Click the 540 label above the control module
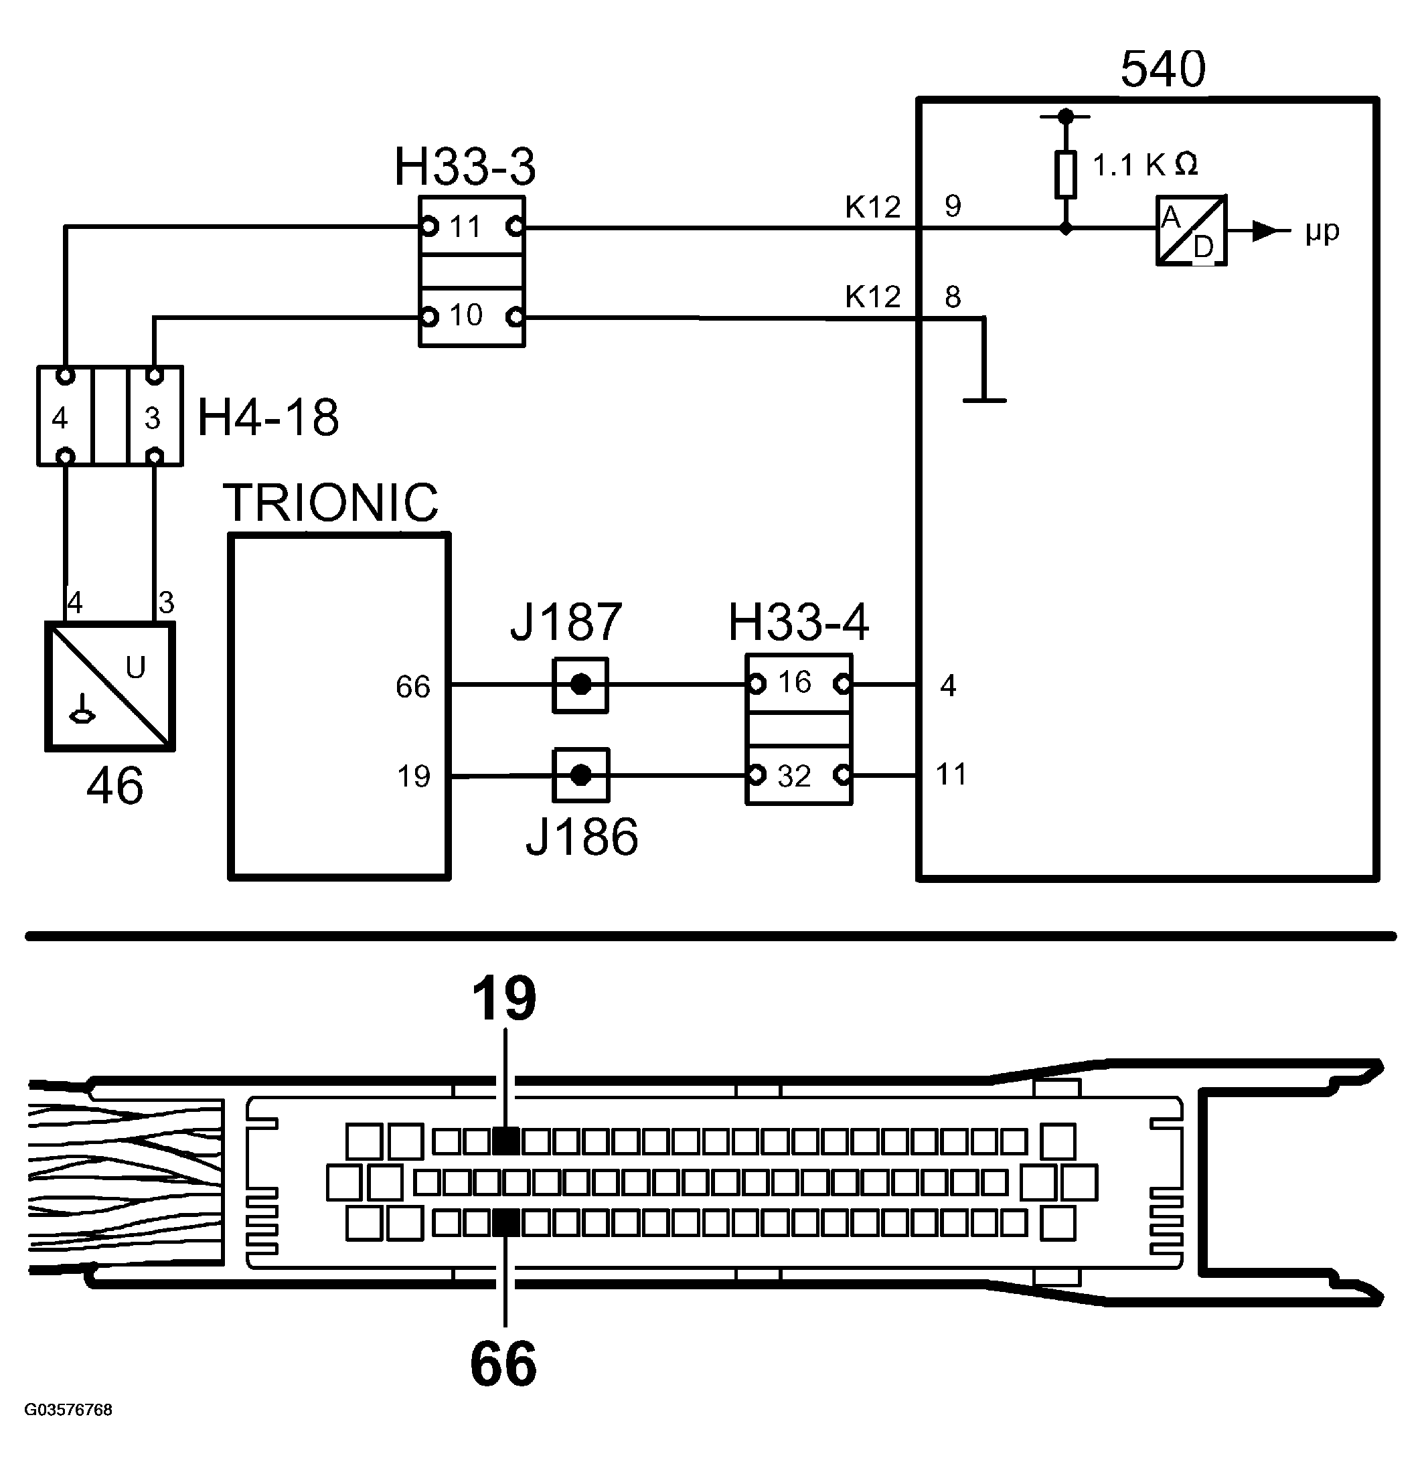coord(1162,69)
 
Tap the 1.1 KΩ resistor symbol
coord(1065,175)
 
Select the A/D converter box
coord(1191,230)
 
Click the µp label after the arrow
coord(1322,231)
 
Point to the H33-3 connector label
coord(465,167)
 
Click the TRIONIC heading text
coord(331,503)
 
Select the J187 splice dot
coord(580,685)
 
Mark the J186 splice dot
coord(580,776)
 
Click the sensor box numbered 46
coord(110,686)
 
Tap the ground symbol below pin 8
coord(983,400)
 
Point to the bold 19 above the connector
coord(503,999)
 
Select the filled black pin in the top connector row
coord(506,1141)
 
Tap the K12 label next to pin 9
coord(872,208)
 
